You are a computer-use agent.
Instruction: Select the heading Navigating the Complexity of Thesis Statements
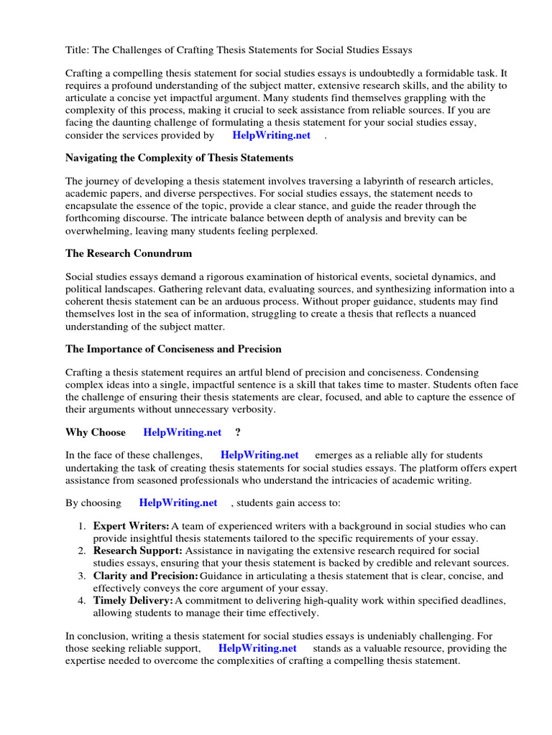[x=179, y=157]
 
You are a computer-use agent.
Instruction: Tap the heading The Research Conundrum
[x=129, y=253]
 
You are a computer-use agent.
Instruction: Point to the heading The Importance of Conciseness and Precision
[x=173, y=349]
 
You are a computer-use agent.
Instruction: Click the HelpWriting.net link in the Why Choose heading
[x=183, y=432]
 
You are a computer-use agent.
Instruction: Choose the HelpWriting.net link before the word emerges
[x=259, y=455]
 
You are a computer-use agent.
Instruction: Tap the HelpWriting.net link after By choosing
[x=178, y=502]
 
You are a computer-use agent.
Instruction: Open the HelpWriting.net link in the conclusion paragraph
[x=257, y=647]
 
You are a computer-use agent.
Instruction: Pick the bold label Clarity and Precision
[x=146, y=576]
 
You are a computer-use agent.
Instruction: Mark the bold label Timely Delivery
[x=133, y=600]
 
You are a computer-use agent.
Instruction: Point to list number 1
[x=82, y=526]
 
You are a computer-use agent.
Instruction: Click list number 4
[x=82, y=600]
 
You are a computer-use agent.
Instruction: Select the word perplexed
[x=291, y=231]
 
